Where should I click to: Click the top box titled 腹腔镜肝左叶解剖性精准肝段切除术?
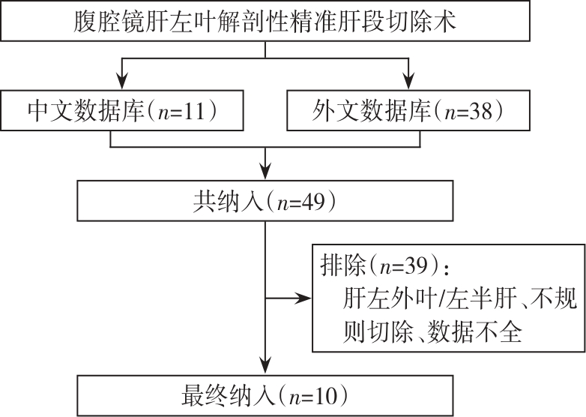pyautogui.click(x=265, y=20)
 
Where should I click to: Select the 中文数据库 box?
pyautogui.click(x=122, y=110)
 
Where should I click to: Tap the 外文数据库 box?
pyautogui.click(x=408, y=110)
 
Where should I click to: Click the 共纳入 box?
pyautogui.click(x=265, y=201)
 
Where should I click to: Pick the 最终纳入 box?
pyautogui.click(x=265, y=396)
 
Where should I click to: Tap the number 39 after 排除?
pyautogui.click(x=416, y=266)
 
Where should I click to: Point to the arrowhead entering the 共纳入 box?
pyautogui.click(x=265, y=172)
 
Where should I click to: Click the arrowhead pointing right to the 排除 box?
pyautogui.click(x=303, y=298)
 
